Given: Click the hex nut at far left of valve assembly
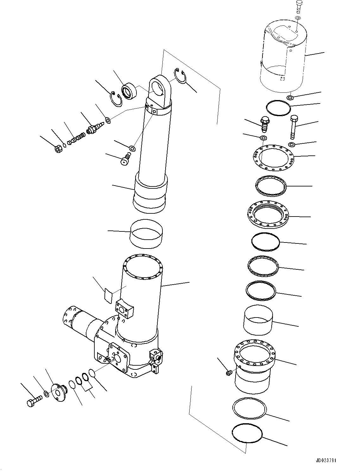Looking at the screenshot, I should pos(58,148).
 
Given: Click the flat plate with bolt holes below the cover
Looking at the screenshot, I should pos(274,157).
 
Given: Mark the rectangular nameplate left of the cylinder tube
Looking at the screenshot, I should pos(108,295).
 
